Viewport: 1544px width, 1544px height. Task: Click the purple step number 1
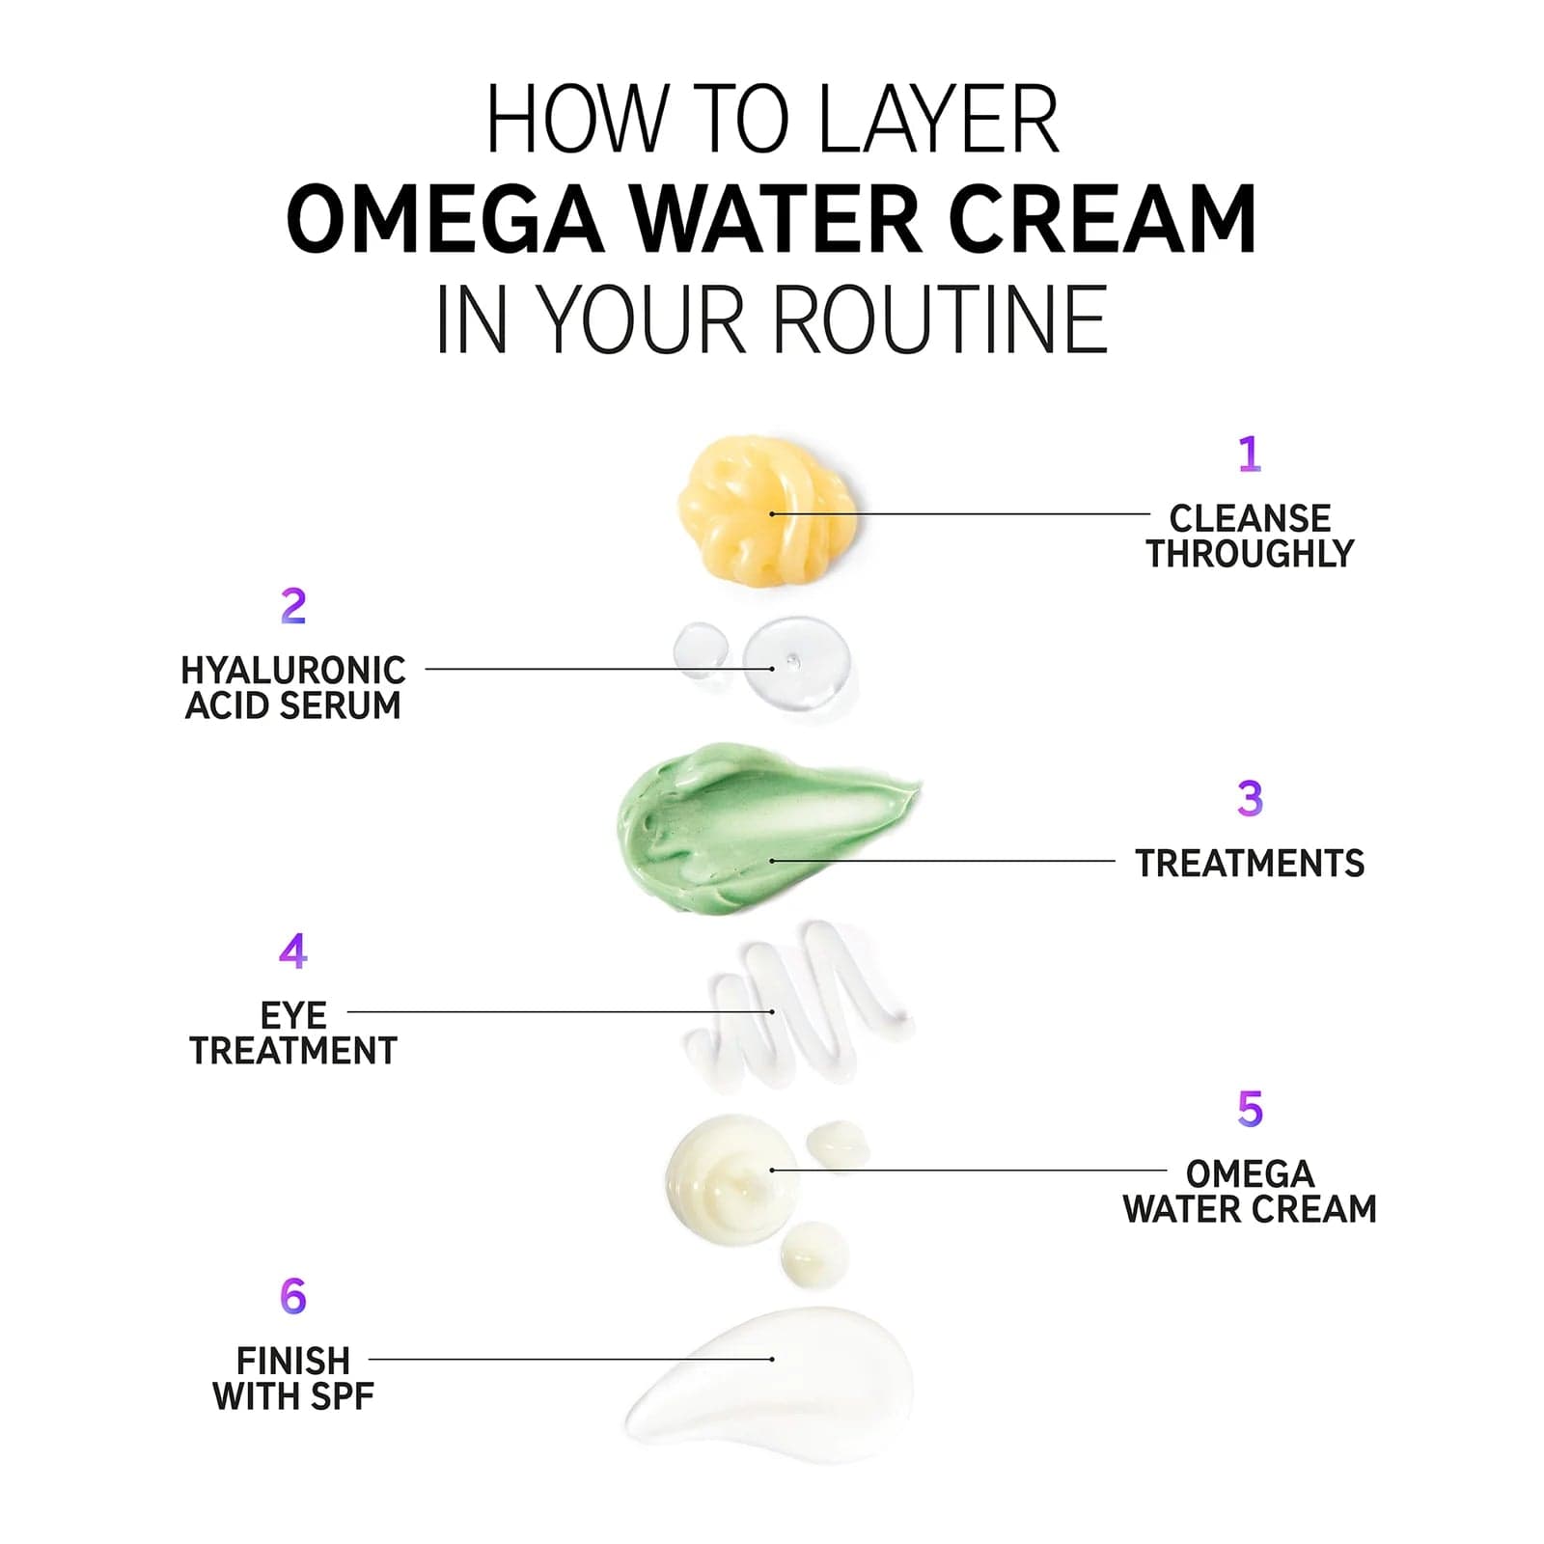tap(1249, 454)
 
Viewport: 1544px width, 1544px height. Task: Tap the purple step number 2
tap(292, 606)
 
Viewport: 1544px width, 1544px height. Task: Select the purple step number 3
tap(1250, 799)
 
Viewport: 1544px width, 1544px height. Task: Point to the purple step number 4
tap(292, 951)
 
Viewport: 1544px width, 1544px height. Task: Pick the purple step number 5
tap(1250, 1109)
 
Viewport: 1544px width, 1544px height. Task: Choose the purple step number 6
tap(292, 1296)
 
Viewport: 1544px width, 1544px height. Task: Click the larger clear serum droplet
tap(797, 666)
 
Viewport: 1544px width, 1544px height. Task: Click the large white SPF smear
tap(772, 1380)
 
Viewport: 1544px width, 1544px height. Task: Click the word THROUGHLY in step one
tap(1250, 554)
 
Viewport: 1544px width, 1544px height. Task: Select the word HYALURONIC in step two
tap(293, 670)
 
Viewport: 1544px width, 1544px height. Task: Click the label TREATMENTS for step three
tap(1250, 863)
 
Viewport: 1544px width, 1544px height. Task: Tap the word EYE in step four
tap(293, 1015)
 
